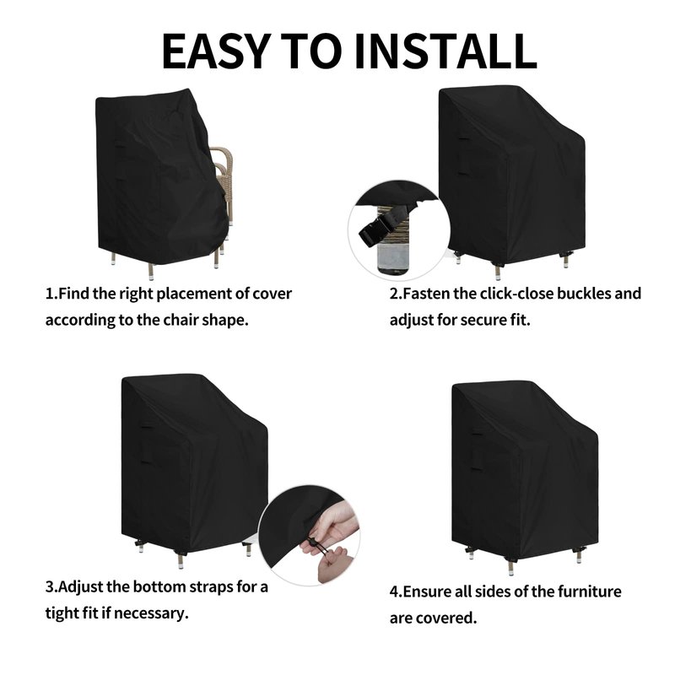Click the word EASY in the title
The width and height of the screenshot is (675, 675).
point(216,51)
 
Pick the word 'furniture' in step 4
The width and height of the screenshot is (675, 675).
point(590,591)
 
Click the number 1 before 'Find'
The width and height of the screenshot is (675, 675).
point(50,294)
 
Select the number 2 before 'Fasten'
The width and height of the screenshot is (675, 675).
point(395,294)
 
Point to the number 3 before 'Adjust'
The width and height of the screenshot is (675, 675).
point(51,587)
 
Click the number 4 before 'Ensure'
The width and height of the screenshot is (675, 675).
point(395,592)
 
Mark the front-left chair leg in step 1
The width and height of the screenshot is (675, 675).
point(151,271)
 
